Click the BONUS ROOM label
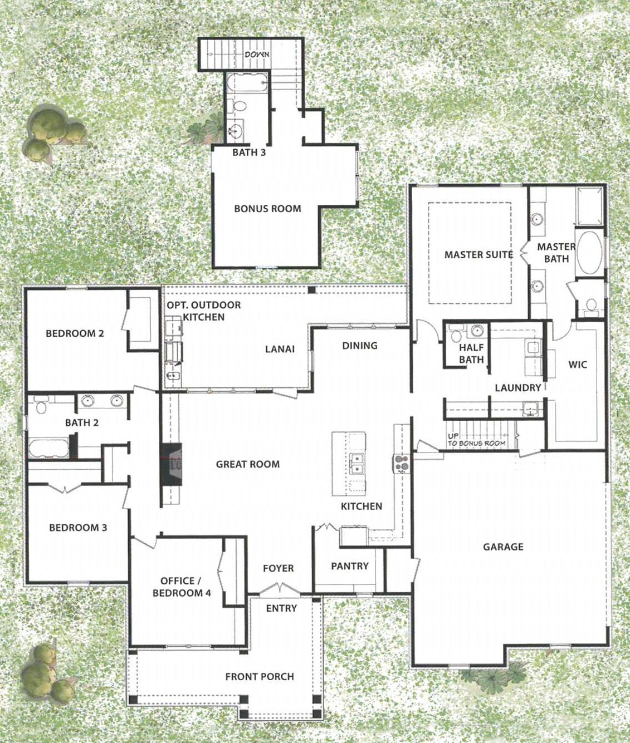click(267, 209)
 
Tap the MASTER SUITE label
click(478, 255)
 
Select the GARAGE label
click(503, 547)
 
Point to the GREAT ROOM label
click(247, 464)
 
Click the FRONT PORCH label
click(260, 677)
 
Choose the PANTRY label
click(350, 567)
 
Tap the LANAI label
click(280, 349)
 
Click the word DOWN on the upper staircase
click(257, 55)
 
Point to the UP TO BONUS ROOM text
click(476, 440)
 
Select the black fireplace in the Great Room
click(171, 465)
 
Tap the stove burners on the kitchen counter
click(402, 464)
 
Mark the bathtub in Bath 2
click(48, 448)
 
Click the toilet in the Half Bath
click(456, 336)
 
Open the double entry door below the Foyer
click(280, 589)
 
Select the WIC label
click(578, 365)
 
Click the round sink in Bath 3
click(236, 129)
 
